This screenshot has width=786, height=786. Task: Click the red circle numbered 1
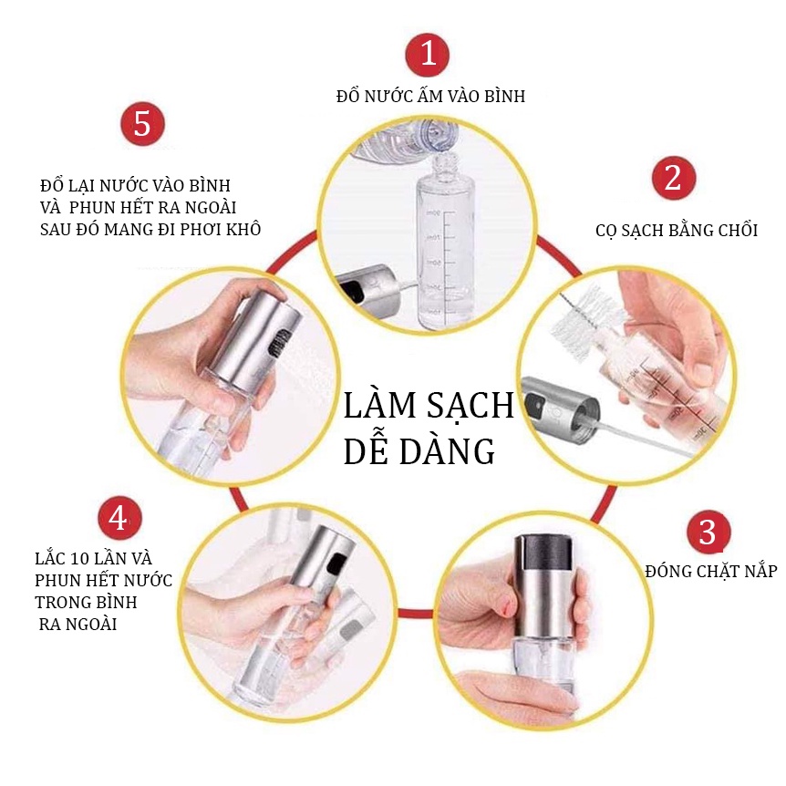pyautogui.click(x=427, y=54)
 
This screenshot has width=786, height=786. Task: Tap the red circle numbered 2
pyautogui.click(x=674, y=178)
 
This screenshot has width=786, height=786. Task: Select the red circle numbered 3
pyautogui.click(x=708, y=532)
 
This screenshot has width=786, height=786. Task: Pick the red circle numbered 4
pyautogui.click(x=119, y=518)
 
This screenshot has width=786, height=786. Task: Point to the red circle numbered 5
pyautogui.click(x=142, y=124)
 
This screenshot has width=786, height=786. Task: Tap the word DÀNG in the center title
pyautogui.click(x=447, y=451)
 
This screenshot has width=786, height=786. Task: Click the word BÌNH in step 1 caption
pyautogui.click(x=504, y=95)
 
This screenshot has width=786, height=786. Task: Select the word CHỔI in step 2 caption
pyautogui.click(x=738, y=230)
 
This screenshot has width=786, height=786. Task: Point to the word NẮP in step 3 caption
pyautogui.click(x=759, y=571)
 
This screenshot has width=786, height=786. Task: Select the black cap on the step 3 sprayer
pyautogui.click(x=543, y=552)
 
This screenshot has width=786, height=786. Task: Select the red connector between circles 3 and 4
pyautogui.click(x=416, y=613)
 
